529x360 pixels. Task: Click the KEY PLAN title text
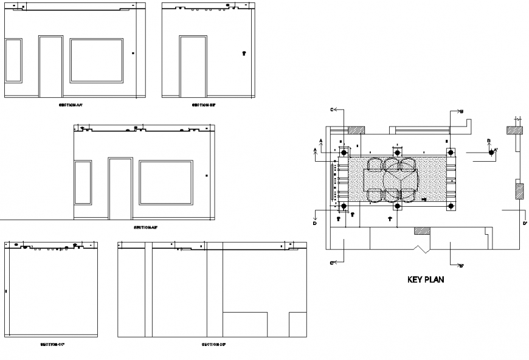[426, 280]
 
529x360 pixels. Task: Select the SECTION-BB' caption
[204, 105]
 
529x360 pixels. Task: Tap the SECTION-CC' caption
[52, 344]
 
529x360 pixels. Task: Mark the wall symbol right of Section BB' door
[244, 54]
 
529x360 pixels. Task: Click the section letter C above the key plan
[332, 110]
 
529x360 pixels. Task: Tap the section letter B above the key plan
[462, 111]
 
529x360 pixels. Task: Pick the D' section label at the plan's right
[524, 223]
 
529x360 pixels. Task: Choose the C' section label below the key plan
[332, 263]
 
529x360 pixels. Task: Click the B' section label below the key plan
[462, 266]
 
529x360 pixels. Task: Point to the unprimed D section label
[314, 223]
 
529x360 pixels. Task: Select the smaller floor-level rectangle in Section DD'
[297, 325]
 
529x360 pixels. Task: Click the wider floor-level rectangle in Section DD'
[245, 325]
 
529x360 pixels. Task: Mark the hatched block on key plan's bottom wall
[422, 230]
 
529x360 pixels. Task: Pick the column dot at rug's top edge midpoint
[397, 152]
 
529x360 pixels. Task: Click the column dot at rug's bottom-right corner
[450, 207]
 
